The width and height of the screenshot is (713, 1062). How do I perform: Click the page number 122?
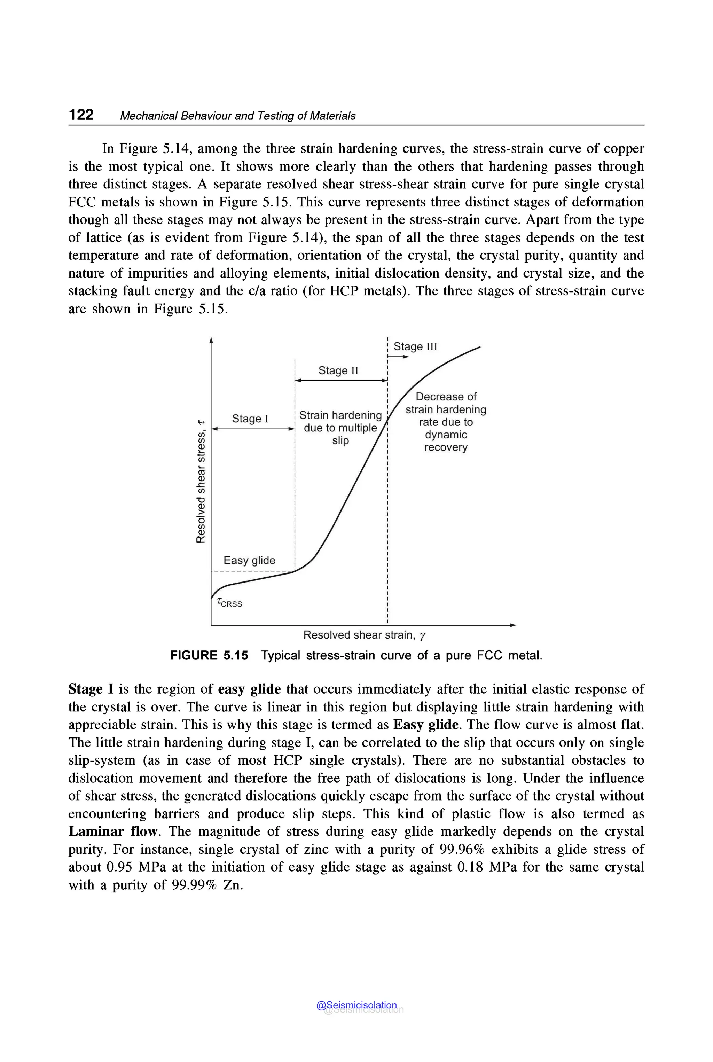[81, 114]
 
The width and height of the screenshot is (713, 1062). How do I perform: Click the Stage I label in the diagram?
[250, 419]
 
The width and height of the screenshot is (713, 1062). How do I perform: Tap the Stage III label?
[415, 346]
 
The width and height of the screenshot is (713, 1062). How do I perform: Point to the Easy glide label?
[249, 560]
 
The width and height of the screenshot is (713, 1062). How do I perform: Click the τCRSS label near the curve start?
[230, 603]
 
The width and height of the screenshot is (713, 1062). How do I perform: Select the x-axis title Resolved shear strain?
[364, 635]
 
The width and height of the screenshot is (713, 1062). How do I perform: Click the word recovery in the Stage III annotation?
[446, 447]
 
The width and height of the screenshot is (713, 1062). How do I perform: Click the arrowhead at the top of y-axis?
[211, 340]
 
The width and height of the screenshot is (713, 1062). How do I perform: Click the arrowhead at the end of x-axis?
[514, 625]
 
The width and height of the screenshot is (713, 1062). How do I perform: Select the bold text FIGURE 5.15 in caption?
[209, 655]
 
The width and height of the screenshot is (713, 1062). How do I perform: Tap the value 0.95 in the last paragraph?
[119, 867]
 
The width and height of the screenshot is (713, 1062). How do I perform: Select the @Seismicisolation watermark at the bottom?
[357, 1005]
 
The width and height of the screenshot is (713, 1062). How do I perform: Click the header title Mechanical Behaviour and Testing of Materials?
[237, 116]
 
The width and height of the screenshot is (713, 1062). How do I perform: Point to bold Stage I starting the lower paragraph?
[91, 689]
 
